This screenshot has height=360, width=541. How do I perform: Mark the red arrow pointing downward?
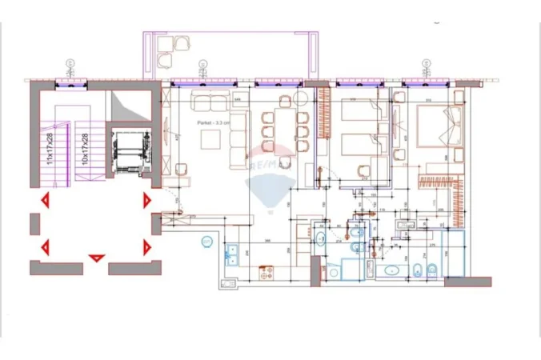point(97,258)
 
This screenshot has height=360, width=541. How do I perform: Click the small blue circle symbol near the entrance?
point(206,240)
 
